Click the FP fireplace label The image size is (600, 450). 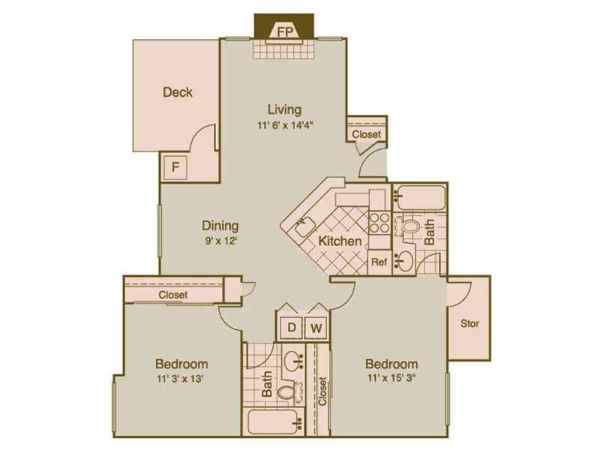point(285,31)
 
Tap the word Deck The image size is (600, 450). point(178,92)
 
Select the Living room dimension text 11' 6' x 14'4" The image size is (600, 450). point(285,125)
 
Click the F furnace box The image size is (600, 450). point(175,167)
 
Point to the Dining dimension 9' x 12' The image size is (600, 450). point(220,241)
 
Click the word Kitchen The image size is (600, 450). point(340,241)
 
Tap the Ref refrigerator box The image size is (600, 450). point(379,262)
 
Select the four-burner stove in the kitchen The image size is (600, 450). point(379,223)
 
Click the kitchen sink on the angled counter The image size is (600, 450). point(304,226)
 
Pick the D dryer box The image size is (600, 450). point(292,328)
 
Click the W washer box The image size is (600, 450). point(316,328)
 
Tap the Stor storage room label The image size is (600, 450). point(469,324)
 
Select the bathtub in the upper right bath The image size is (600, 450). point(420,197)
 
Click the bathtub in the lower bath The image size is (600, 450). point(273,422)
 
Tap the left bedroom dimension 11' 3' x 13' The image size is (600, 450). point(180,379)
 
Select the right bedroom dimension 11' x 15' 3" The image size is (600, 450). point(391,379)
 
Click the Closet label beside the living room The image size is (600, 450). point(367,134)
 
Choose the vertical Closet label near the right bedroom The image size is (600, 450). point(322,391)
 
